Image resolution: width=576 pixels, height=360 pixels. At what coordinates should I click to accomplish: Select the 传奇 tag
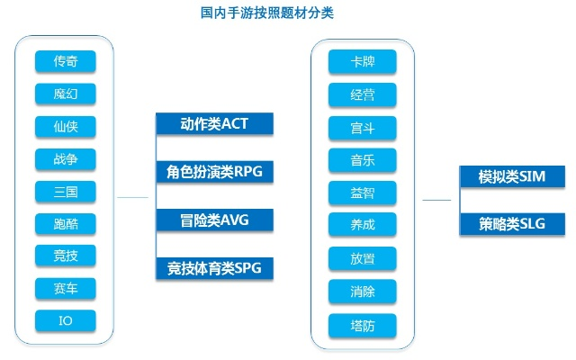click(x=65, y=62)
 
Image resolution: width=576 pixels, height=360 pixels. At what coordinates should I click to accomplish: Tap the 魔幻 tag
click(x=65, y=94)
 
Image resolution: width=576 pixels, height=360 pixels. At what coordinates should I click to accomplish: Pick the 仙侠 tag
click(x=65, y=126)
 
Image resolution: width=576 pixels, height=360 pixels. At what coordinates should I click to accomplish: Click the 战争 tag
click(x=65, y=158)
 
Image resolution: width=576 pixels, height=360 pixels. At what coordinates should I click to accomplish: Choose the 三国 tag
click(x=65, y=191)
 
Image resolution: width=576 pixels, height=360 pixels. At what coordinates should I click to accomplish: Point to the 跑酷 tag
click(x=65, y=223)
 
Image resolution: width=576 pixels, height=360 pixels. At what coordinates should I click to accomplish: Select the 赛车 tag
click(x=65, y=288)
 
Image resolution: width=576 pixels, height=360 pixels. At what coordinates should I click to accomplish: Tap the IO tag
click(x=65, y=319)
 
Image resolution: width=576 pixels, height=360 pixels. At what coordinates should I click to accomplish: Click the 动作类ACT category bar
click(x=213, y=123)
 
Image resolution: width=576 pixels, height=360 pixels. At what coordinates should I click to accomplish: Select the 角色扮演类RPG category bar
click(x=213, y=171)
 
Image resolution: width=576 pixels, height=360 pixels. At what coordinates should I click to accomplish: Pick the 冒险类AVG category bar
click(x=213, y=219)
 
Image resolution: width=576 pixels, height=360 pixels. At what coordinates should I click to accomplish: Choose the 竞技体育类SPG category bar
click(x=213, y=267)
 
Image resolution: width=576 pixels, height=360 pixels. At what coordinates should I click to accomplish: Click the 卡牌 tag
click(x=363, y=62)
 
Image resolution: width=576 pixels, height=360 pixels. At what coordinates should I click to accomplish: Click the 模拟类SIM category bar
click(x=511, y=175)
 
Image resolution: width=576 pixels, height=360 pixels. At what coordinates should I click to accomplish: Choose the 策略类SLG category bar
click(x=511, y=224)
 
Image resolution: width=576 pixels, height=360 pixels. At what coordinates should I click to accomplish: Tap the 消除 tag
click(x=363, y=291)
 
